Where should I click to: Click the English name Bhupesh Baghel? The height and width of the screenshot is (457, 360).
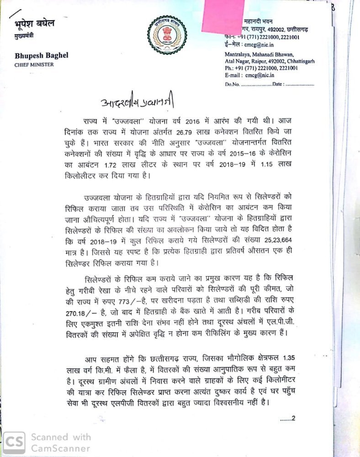pyautogui.click(x=41, y=56)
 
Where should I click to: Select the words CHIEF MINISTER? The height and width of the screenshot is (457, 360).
pyautogui.click(x=34, y=65)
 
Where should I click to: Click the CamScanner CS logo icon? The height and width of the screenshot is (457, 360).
pyautogui.click(x=14, y=442)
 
